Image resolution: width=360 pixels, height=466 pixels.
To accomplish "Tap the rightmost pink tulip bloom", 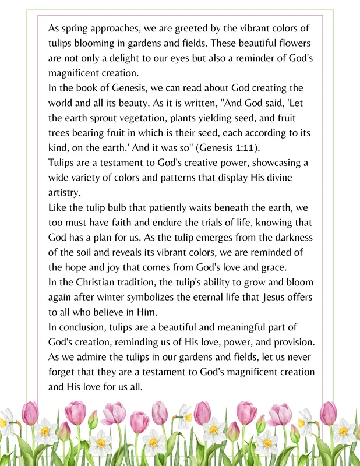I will pyautogui.click(x=328, y=413).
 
